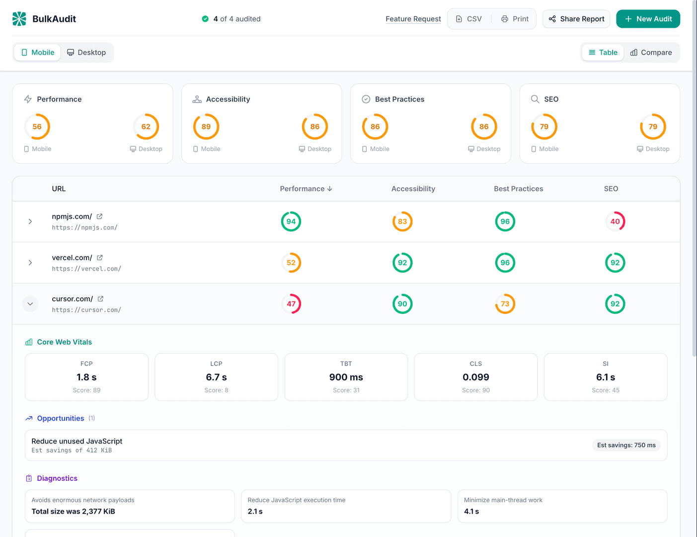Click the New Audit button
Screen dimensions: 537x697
pos(648,19)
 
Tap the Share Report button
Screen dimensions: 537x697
pos(576,19)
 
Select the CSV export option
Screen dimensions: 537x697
pos(469,19)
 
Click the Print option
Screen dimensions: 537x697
pos(515,19)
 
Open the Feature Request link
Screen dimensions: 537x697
pos(413,19)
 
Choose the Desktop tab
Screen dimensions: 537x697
pos(86,52)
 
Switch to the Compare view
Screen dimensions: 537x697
pos(651,52)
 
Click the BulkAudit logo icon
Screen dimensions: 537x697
pos(19,19)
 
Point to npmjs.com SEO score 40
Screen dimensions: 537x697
pos(615,222)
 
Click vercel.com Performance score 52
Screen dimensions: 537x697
pos(291,263)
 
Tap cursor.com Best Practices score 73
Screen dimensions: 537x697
pos(505,304)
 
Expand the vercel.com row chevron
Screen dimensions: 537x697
pos(30,263)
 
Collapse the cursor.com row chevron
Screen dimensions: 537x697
pos(30,304)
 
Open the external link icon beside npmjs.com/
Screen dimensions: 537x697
pos(99,216)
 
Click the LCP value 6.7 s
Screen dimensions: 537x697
pos(216,377)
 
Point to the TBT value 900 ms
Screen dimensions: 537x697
pos(346,377)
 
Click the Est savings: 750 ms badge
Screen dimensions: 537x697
pos(626,445)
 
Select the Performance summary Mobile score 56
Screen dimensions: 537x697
pos(37,127)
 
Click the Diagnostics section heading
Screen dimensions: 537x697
pos(57,478)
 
